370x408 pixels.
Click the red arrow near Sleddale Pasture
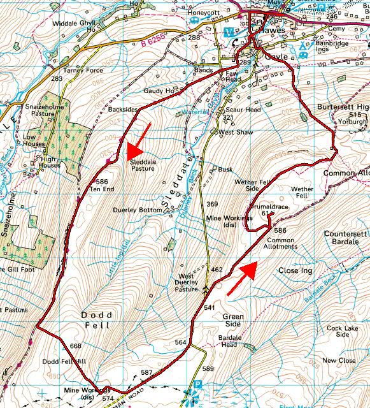(139, 140)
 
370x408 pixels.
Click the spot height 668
(76, 346)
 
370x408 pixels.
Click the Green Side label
(234, 320)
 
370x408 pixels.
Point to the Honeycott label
(203, 12)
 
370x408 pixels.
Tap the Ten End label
(102, 189)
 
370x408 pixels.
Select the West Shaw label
(232, 131)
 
